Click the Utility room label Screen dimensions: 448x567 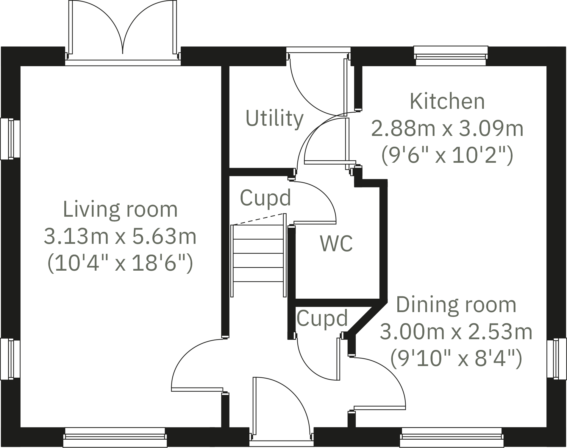(x=274, y=118)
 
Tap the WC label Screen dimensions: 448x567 (x=336, y=244)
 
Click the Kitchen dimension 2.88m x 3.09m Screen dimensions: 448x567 (x=447, y=129)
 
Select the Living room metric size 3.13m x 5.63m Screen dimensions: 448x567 (x=120, y=236)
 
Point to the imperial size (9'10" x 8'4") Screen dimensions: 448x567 (x=456, y=358)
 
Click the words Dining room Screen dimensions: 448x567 (x=456, y=305)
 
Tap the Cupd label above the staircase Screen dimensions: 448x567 (x=265, y=198)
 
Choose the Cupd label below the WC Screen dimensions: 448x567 (x=322, y=318)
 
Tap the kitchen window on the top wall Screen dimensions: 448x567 (x=451, y=56)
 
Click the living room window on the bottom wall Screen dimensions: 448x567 (x=115, y=438)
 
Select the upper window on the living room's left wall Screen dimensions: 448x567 (x=10, y=139)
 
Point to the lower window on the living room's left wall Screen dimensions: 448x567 (x=10, y=359)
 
